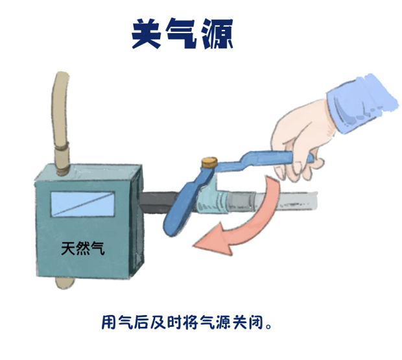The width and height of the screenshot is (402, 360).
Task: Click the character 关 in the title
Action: [147, 34]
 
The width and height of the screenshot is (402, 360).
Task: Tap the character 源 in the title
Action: [217, 34]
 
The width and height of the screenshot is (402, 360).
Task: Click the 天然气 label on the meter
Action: [83, 248]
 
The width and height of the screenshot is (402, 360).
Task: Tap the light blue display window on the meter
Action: [82, 204]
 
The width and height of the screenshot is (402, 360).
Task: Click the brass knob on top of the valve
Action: [209, 163]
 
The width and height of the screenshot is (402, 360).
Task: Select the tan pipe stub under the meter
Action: [64, 283]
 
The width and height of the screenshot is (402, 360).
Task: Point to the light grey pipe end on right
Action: [285, 200]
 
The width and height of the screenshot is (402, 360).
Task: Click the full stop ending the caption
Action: [268, 327]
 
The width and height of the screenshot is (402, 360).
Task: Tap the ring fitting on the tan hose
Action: [62, 147]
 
